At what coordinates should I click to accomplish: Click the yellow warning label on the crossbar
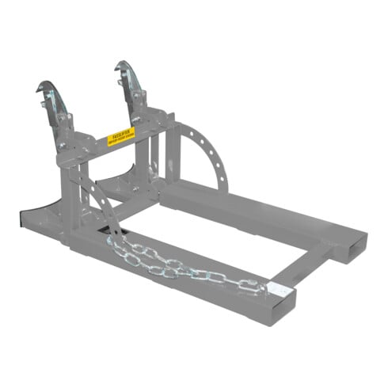tap(121, 137)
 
